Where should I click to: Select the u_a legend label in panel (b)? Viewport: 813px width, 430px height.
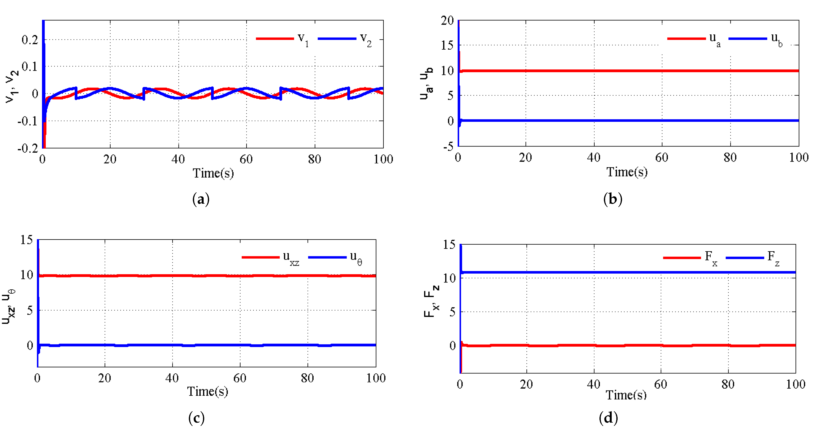click(x=714, y=40)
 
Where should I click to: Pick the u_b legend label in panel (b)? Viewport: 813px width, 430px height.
click(x=776, y=40)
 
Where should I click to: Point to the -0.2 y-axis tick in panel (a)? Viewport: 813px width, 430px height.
click(x=28, y=148)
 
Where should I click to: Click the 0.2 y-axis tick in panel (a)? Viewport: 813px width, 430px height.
click(x=30, y=40)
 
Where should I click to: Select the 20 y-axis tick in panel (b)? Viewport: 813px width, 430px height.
click(x=447, y=21)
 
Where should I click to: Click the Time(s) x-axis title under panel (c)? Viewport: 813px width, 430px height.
click(x=207, y=392)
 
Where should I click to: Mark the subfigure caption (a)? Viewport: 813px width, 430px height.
click(x=201, y=199)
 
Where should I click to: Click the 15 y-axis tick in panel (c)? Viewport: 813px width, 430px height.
click(x=27, y=240)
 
